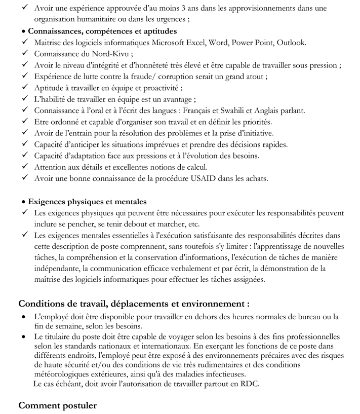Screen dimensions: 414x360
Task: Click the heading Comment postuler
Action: click(x=57, y=405)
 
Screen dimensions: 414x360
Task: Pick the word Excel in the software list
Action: click(x=194, y=43)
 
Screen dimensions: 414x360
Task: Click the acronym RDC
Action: click(x=249, y=385)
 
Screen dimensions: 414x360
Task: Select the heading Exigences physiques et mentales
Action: click(x=88, y=201)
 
